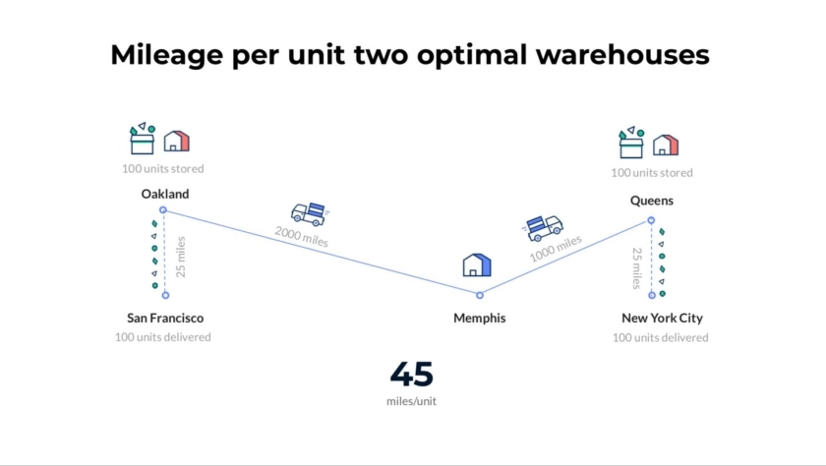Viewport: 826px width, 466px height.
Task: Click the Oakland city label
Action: click(164, 194)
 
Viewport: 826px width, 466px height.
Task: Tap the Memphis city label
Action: click(479, 318)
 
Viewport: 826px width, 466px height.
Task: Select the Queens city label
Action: click(651, 201)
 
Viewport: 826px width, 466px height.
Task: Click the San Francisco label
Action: click(165, 318)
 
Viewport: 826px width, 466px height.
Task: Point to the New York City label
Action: click(662, 318)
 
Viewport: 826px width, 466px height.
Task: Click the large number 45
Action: click(411, 375)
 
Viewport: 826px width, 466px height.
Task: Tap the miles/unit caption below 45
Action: click(411, 401)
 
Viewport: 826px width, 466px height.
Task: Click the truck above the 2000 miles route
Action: click(308, 212)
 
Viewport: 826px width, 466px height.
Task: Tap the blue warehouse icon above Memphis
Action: click(477, 264)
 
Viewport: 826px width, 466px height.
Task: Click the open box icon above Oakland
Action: click(143, 140)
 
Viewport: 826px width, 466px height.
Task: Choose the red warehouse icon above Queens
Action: click(666, 145)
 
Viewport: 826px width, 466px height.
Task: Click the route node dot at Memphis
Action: click(480, 295)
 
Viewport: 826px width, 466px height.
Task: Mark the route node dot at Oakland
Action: click(163, 210)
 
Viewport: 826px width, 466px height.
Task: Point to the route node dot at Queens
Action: click(651, 220)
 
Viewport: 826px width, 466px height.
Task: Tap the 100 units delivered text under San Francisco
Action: click(162, 337)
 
